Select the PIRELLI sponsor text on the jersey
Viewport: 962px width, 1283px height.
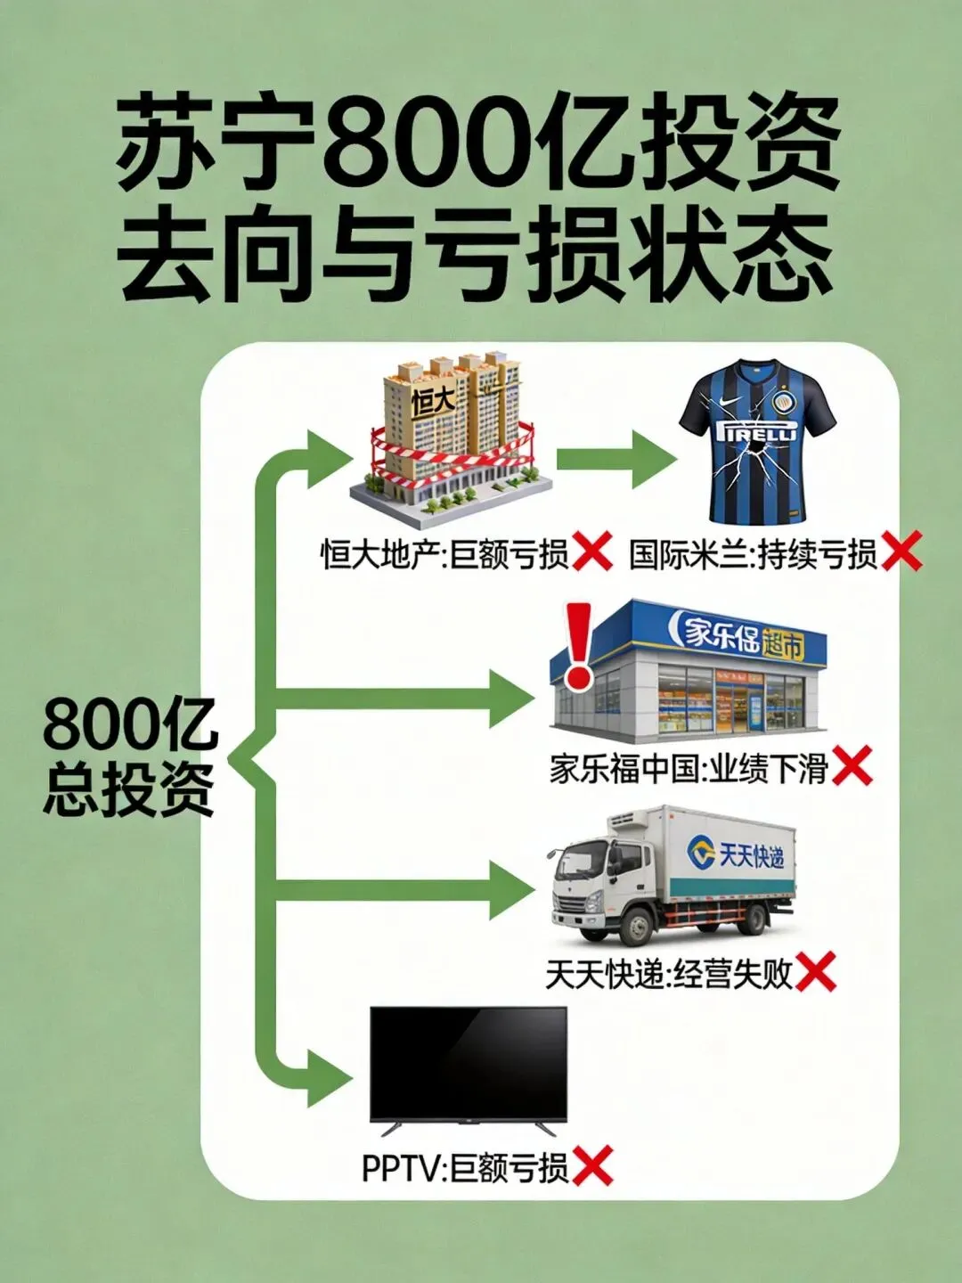pyautogui.click(x=757, y=434)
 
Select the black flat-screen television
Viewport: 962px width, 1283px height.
pyautogui.click(x=469, y=1065)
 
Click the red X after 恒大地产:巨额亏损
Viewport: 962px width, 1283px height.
pyautogui.click(x=592, y=553)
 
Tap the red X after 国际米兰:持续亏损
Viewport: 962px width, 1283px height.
pyautogui.click(x=901, y=553)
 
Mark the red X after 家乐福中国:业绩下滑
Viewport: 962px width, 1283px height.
pyautogui.click(x=852, y=767)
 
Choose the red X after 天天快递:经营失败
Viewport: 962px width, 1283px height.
pyautogui.click(x=815, y=972)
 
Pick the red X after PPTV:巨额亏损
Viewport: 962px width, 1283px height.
pyautogui.click(x=592, y=1166)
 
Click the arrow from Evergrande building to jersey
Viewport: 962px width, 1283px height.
pyautogui.click(x=615, y=461)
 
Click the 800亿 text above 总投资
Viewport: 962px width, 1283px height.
pyautogui.click(x=129, y=726)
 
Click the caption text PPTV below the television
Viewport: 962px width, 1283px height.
pyautogui.click(x=401, y=1167)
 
